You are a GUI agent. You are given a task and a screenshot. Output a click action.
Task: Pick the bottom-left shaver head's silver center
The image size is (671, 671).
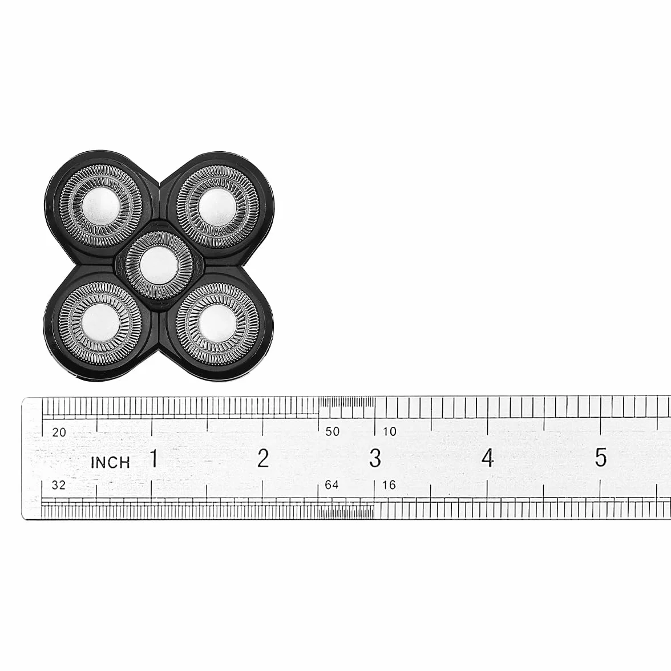100,323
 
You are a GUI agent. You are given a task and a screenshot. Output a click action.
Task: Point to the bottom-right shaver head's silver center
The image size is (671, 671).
217,323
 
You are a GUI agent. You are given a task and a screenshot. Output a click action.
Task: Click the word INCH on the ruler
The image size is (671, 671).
111,462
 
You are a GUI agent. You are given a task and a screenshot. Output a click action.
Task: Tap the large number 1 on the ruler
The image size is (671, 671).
153,458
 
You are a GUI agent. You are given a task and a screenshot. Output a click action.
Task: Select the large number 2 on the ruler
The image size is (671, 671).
263,458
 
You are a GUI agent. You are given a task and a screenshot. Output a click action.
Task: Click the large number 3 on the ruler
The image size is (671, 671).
375,458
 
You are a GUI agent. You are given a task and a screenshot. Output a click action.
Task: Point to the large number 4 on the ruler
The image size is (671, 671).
487,458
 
